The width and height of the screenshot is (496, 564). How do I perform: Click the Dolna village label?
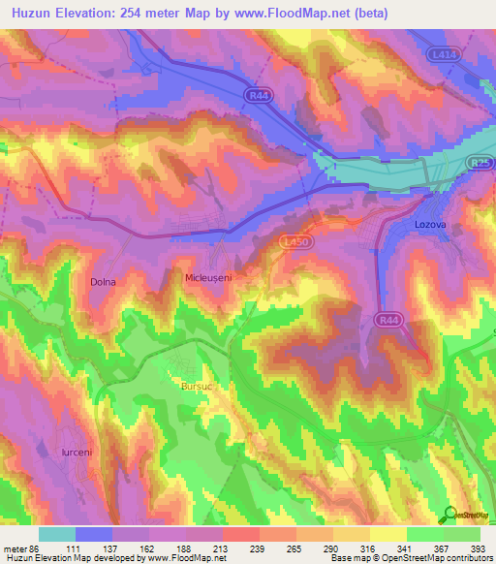(103, 283)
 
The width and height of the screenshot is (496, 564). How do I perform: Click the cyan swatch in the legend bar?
(57, 533)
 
